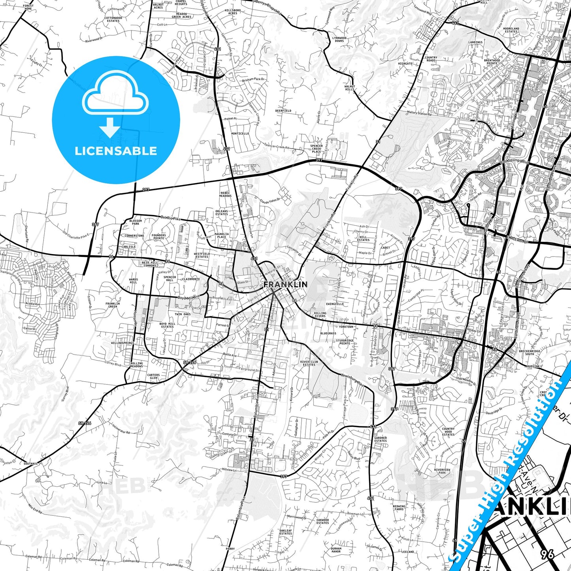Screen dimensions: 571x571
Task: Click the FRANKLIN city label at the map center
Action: point(285,284)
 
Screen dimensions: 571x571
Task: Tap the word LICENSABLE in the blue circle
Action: point(116,151)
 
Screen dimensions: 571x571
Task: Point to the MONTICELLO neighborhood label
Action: point(240,134)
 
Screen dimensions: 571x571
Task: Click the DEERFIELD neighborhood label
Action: point(283,111)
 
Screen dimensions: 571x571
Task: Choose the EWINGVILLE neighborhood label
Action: point(335,304)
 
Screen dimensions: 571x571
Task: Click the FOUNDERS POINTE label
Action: point(159,237)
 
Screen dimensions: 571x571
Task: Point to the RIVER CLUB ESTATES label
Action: point(309,363)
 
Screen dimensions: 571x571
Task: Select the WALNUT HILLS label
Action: point(350,88)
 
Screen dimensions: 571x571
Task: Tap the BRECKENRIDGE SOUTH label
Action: point(530,352)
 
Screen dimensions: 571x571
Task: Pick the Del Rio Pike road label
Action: point(170,218)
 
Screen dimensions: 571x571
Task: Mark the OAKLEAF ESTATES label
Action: point(285,532)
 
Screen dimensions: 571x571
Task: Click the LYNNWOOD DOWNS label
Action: point(339,40)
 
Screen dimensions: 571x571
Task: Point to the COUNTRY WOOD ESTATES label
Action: point(448,432)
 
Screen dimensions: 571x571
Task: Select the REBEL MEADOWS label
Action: point(225,194)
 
